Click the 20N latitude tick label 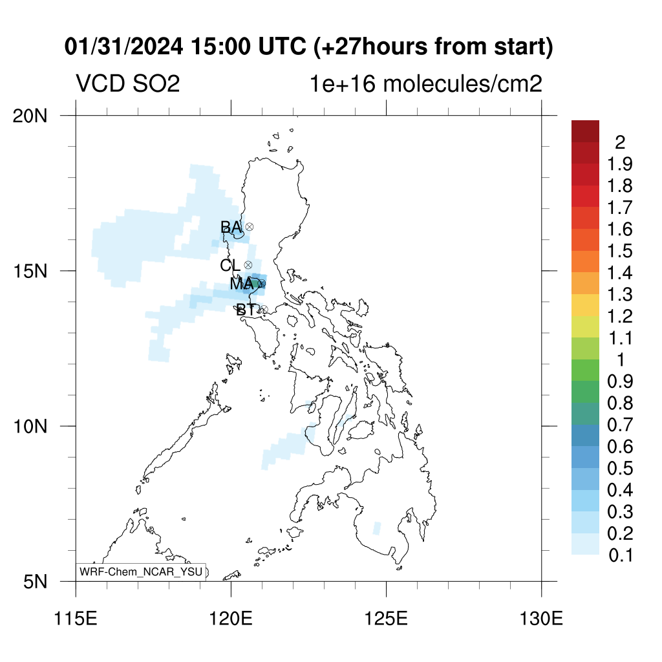pyautogui.click(x=30, y=116)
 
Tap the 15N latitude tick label pyautogui.click(x=30, y=271)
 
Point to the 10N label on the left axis pyautogui.click(x=30, y=427)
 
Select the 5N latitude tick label pyautogui.click(x=35, y=582)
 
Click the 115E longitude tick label pyautogui.click(x=76, y=619)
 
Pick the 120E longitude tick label pyautogui.click(x=231, y=619)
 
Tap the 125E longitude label pyautogui.click(x=387, y=619)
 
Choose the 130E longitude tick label pyautogui.click(x=541, y=619)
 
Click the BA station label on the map pyautogui.click(x=231, y=227)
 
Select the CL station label pyautogui.click(x=230, y=265)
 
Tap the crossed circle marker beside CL pyautogui.click(x=248, y=264)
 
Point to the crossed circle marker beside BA pyautogui.click(x=250, y=227)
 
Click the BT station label pyautogui.click(x=246, y=310)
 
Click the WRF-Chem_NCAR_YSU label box pyautogui.click(x=141, y=572)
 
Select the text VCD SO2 pyautogui.click(x=128, y=83)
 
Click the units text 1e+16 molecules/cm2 pyautogui.click(x=426, y=83)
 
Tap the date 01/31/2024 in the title pyautogui.click(x=123, y=47)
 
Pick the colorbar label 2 pyautogui.click(x=620, y=143)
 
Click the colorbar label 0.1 pyautogui.click(x=621, y=555)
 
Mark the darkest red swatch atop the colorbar pyautogui.click(x=585, y=131)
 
